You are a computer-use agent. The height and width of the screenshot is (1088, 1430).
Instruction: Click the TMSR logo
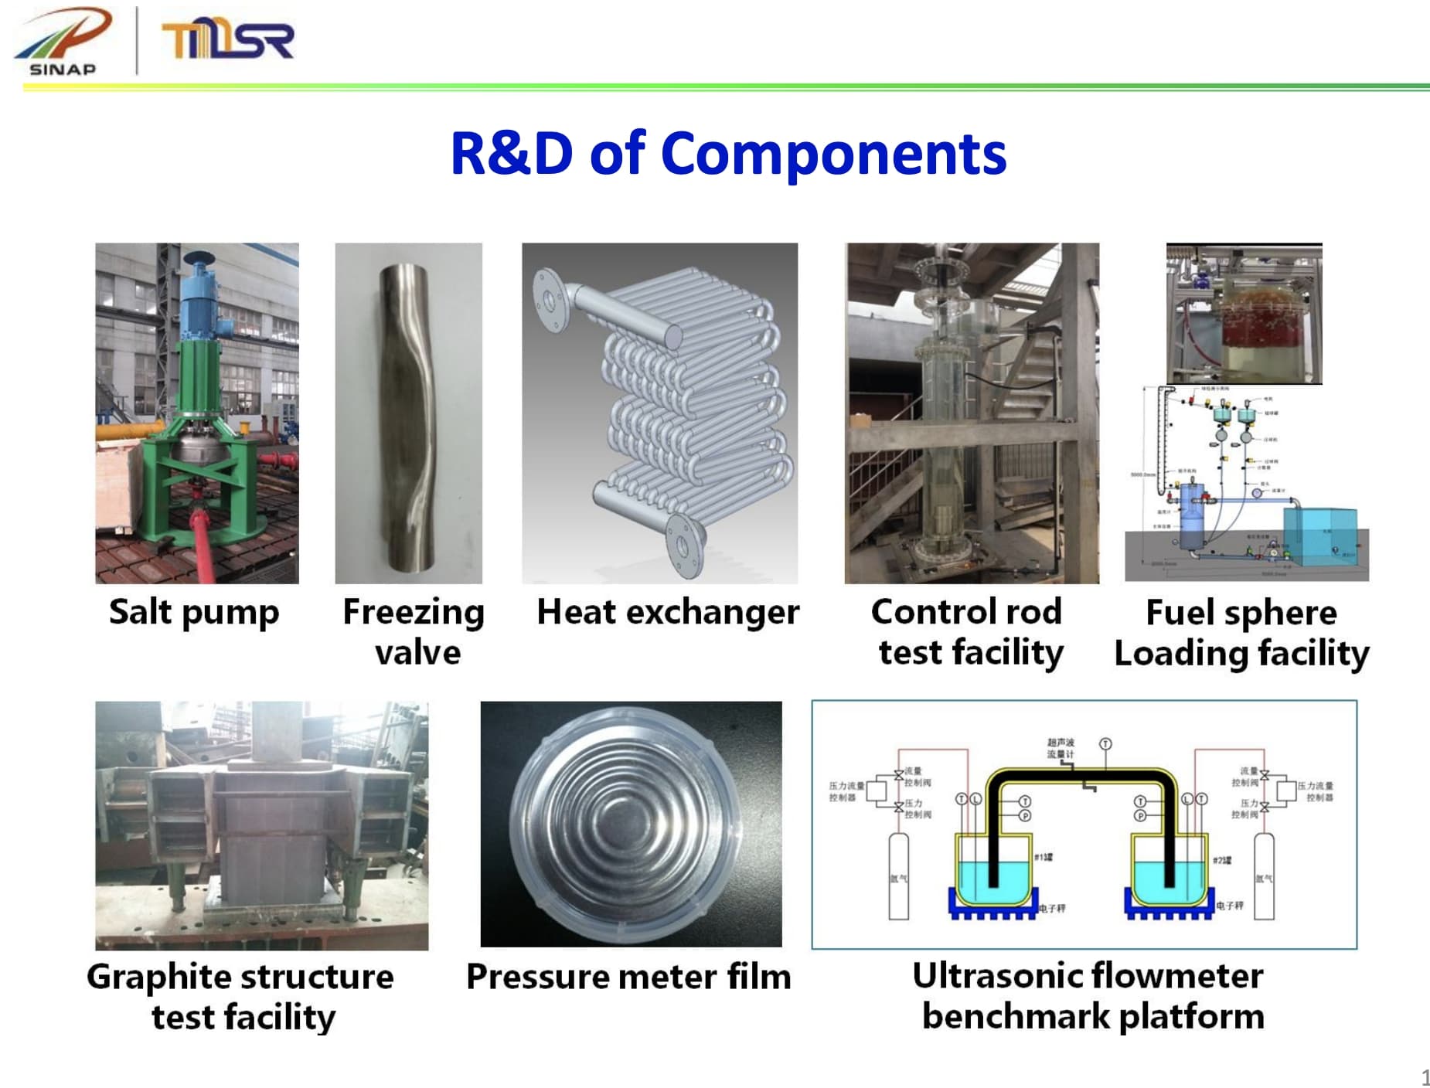227,40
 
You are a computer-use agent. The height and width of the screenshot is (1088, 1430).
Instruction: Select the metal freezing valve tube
408,417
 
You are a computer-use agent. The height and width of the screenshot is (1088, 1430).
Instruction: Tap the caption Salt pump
193,612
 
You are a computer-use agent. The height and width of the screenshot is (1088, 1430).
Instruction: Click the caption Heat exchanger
668,612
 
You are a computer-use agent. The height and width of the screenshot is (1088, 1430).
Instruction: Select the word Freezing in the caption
414,612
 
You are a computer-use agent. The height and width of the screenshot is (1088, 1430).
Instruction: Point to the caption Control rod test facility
968,632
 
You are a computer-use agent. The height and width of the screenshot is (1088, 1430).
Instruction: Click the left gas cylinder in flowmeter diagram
898,877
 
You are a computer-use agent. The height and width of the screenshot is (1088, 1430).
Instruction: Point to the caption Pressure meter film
628,977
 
